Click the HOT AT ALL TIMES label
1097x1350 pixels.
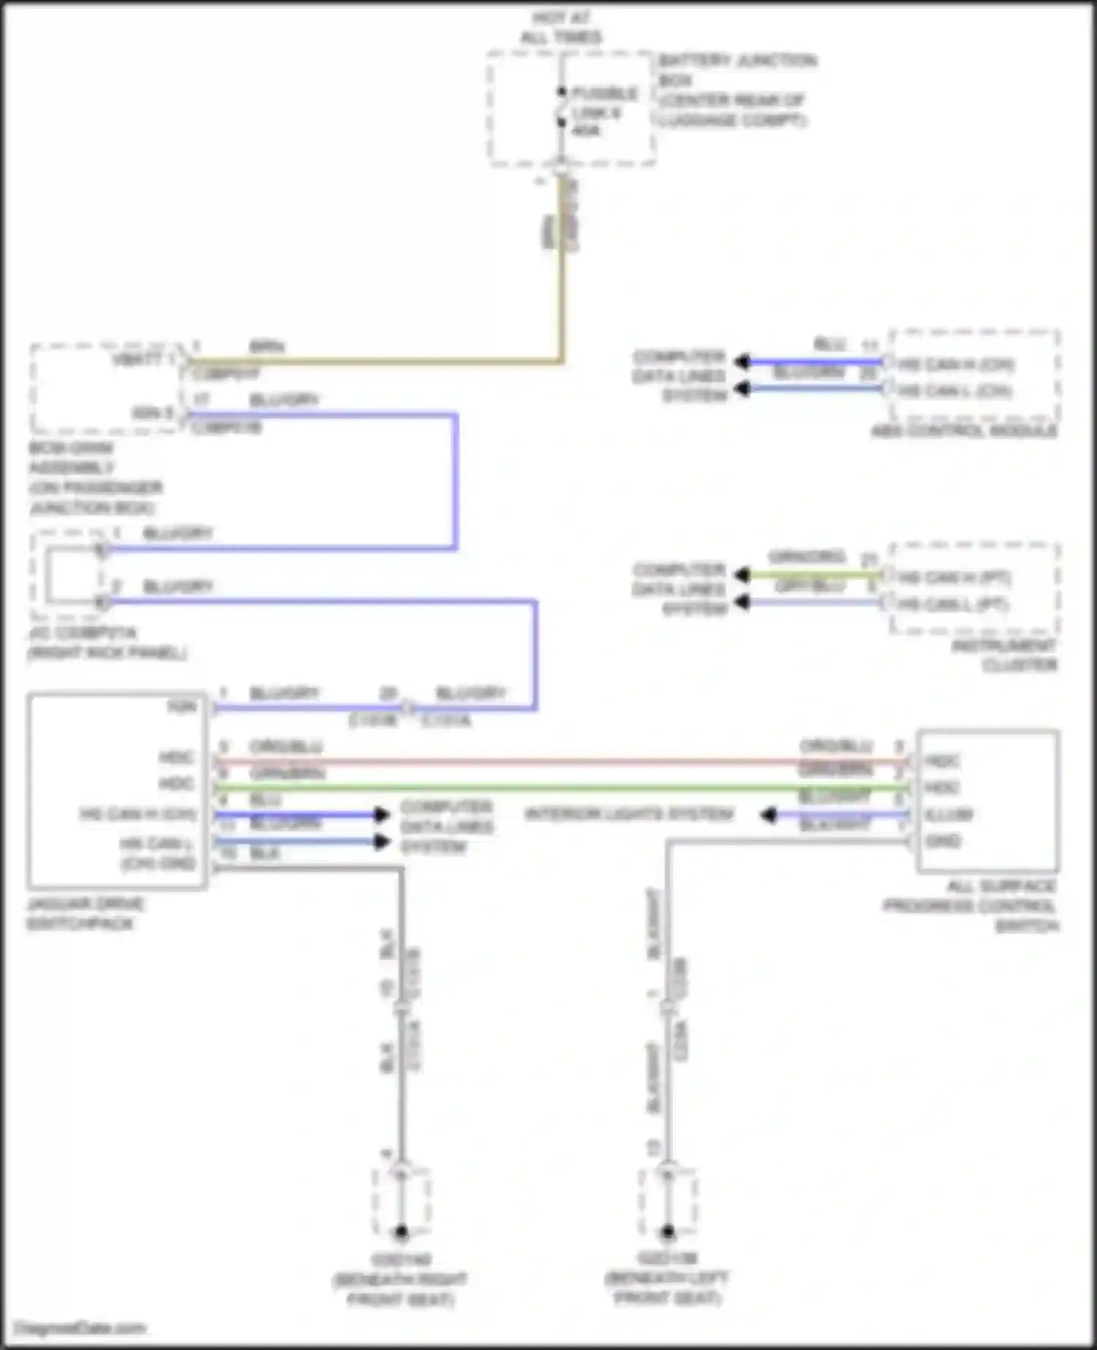tap(561, 28)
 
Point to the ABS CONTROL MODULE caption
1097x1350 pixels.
tap(963, 431)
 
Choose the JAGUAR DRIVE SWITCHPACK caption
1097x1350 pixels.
tap(85, 913)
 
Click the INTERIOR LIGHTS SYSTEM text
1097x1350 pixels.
tap(629, 814)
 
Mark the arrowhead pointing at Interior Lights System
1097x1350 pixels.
tap(768, 815)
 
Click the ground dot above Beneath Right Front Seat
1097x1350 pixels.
tap(401, 1232)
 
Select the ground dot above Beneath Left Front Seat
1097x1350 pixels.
tap(667, 1232)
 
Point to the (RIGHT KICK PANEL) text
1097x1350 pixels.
tap(107, 652)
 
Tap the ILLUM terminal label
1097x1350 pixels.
tap(949, 815)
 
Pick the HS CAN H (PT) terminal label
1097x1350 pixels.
tap(954, 578)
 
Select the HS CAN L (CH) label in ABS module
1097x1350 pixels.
tap(954, 391)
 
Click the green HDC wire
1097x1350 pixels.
tap(556, 788)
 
